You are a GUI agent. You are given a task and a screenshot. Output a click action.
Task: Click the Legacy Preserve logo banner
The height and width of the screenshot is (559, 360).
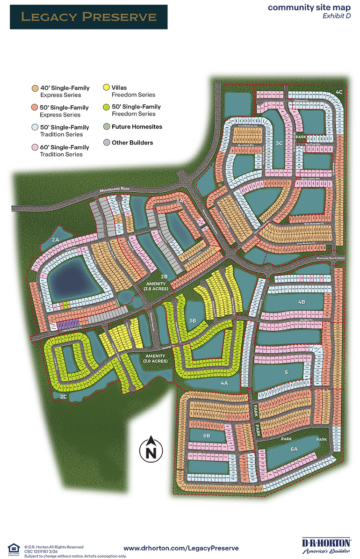pos(88,17)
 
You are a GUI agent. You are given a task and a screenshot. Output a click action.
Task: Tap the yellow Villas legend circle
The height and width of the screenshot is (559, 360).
pos(106,87)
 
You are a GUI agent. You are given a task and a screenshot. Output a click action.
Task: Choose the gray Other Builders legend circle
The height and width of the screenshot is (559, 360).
pos(106,143)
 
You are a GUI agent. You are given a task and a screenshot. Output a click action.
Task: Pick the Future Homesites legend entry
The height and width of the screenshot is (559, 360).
pos(130,127)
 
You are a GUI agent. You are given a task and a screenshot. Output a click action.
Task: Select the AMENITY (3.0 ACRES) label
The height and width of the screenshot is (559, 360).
pos(154,358)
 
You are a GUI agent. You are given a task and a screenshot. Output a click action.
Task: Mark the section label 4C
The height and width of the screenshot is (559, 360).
pos(339,93)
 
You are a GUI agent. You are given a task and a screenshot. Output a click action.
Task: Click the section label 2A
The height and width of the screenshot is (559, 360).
pos(56,240)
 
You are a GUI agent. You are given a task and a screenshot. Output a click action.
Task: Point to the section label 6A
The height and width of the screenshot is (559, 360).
pos(294,449)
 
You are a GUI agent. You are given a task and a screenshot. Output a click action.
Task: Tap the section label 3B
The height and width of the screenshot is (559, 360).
pos(192,321)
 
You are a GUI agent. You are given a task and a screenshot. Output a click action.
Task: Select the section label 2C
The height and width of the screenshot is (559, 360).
pos(64,396)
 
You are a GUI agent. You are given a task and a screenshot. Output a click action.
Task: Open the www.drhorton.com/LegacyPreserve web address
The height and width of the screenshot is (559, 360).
pos(181,548)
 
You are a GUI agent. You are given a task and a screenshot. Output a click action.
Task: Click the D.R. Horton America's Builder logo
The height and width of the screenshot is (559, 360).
pos(326,545)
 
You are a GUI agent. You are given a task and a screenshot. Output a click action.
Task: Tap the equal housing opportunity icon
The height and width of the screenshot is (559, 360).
pos(15,548)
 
